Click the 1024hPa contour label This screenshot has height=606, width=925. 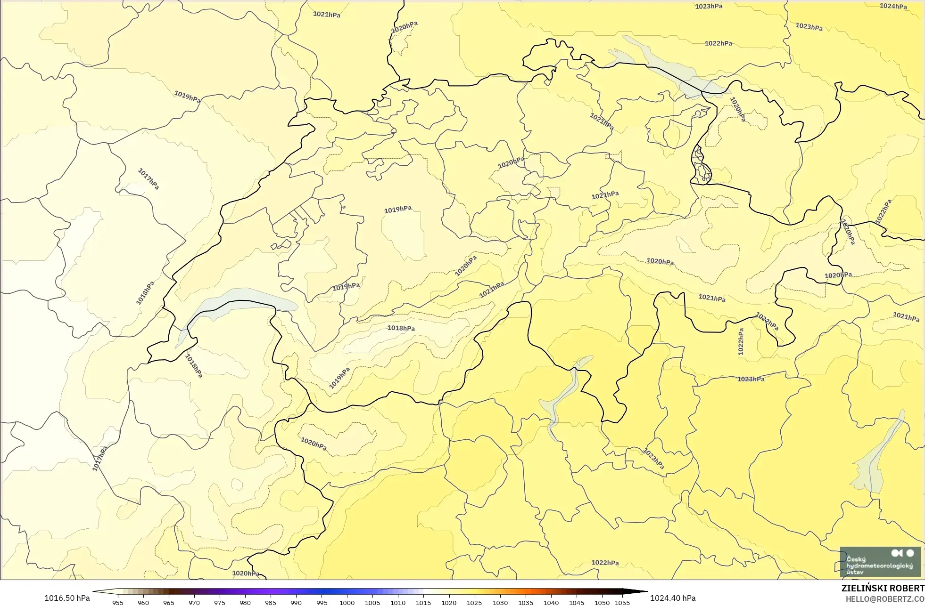pyautogui.click(x=893, y=6)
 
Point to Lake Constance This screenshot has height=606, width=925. pyautogui.click(x=660, y=66)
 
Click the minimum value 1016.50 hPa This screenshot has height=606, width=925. pyautogui.click(x=67, y=598)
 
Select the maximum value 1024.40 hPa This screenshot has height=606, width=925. pyautogui.click(x=673, y=598)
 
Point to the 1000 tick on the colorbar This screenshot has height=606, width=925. pyautogui.click(x=347, y=602)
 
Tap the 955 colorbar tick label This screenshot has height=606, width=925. pyautogui.click(x=118, y=602)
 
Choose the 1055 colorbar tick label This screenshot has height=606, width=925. pyautogui.click(x=622, y=602)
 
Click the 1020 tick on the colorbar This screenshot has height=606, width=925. pyautogui.click(x=449, y=602)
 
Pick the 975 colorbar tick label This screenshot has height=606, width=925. pyautogui.click(x=220, y=602)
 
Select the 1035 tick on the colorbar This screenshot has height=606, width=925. pyautogui.click(x=526, y=602)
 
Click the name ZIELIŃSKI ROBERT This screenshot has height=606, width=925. pyautogui.click(x=883, y=588)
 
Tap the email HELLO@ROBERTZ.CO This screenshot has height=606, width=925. pyautogui.click(x=884, y=599)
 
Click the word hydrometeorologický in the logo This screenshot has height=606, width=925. pyautogui.click(x=879, y=566)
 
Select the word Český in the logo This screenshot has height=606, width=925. pyautogui.click(x=856, y=559)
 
